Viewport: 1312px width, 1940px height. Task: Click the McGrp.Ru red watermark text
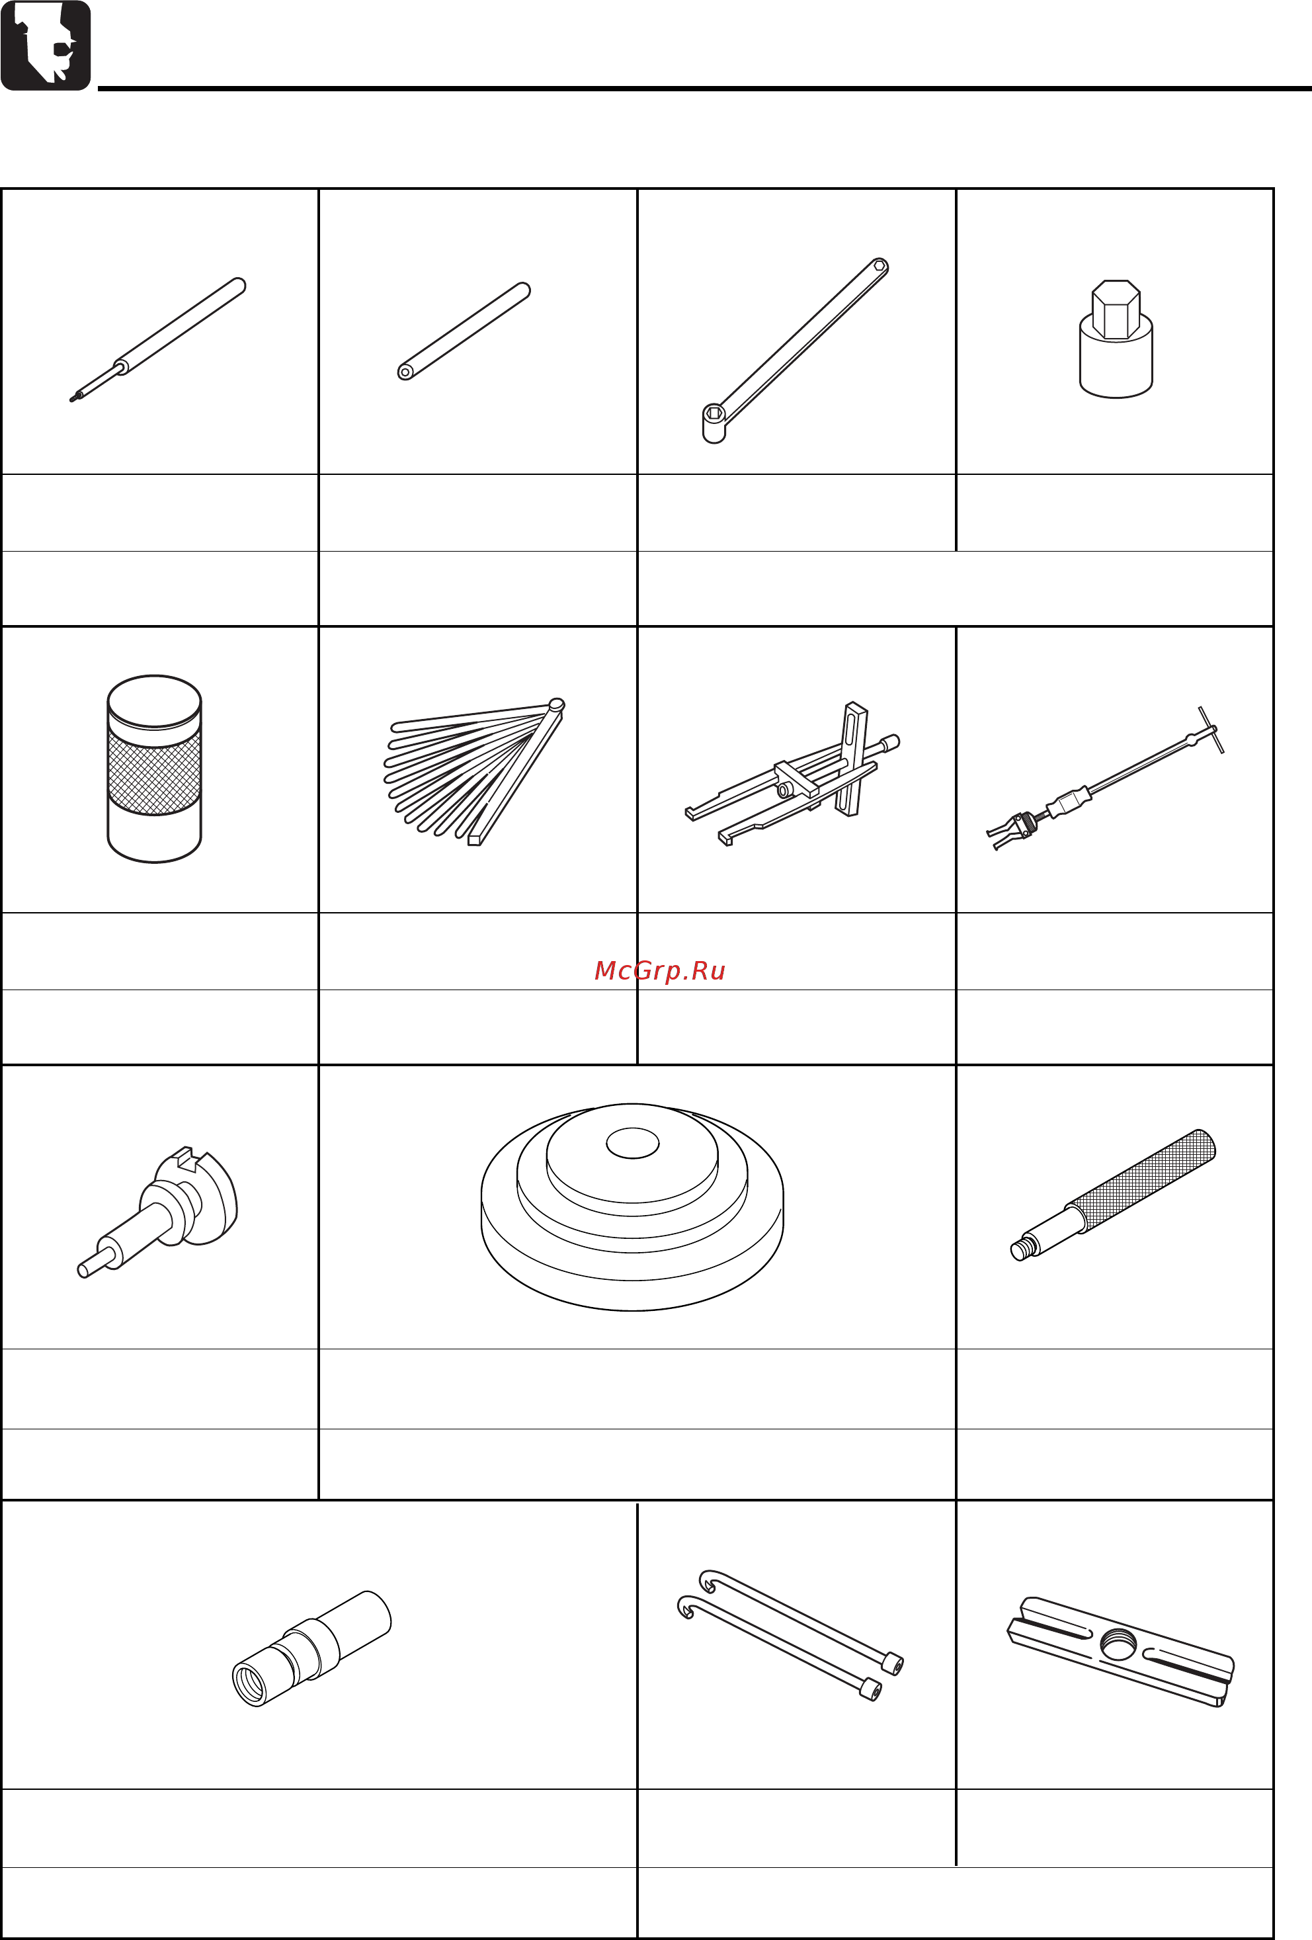(x=659, y=971)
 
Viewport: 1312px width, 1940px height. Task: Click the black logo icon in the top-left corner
(x=46, y=45)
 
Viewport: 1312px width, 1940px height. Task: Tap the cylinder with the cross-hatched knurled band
(x=154, y=769)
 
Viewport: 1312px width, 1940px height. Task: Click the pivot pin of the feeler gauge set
(x=557, y=704)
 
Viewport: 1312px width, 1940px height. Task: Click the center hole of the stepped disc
(x=633, y=1144)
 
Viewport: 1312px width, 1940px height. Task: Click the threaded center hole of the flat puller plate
(x=1118, y=1645)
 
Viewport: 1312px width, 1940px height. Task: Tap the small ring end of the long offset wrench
(x=880, y=267)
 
